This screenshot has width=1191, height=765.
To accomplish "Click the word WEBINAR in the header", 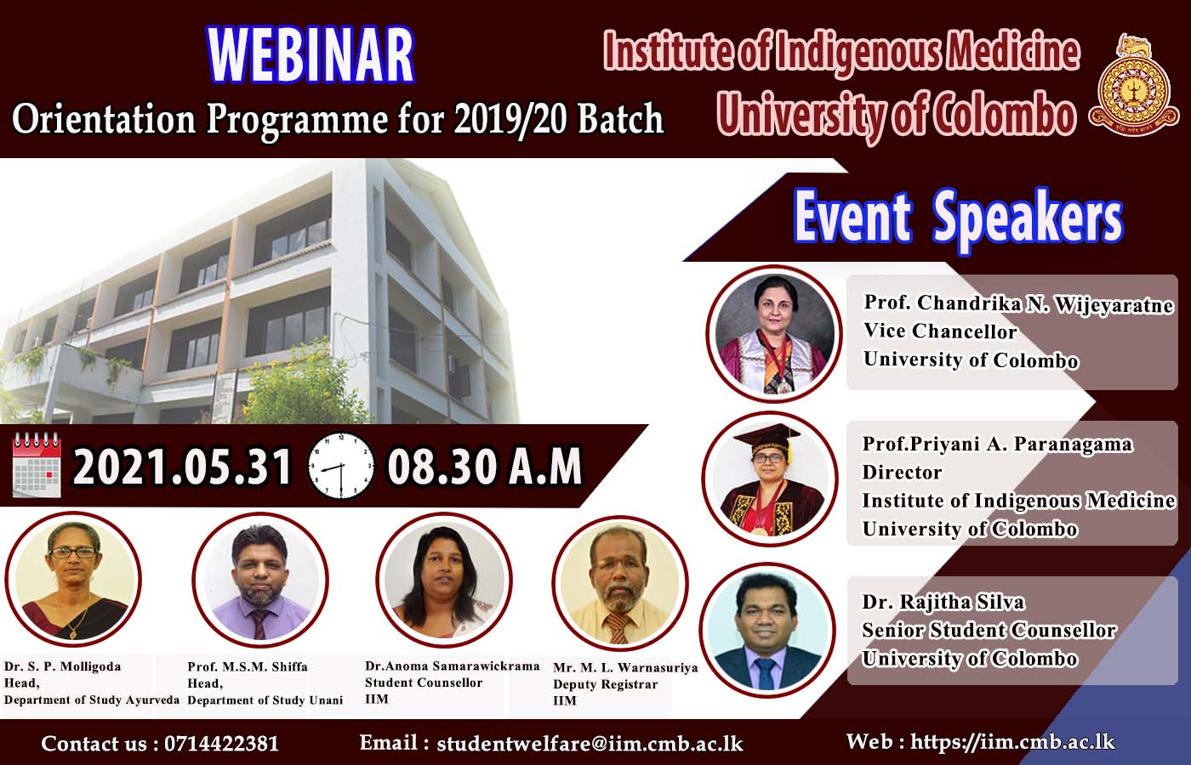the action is pyautogui.click(x=311, y=54).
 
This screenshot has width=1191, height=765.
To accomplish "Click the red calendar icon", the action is pyautogui.click(x=37, y=465).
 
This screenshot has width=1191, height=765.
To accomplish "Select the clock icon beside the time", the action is pyautogui.click(x=341, y=466).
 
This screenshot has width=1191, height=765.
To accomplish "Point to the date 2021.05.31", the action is pyautogui.click(x=182, y=467).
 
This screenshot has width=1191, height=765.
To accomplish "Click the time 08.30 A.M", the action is pyautogui.click(x=484, y=467).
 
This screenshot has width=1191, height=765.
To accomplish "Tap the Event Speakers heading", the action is pyautogui.click(x=958, y=218).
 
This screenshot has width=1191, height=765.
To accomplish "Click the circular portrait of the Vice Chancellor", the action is pyautogui.click(x=773, y=333).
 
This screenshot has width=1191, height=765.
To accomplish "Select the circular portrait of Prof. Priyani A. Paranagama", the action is pyautogui.click(x=769, y=479).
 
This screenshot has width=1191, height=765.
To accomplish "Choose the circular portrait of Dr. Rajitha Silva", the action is pyautogui.click(x=766, y=630).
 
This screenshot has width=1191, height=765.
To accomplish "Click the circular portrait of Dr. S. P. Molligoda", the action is pyautogui.click(x=73, y=579).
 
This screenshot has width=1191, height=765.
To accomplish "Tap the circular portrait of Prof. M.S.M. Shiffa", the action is pyautogui.click(x=260, y=580).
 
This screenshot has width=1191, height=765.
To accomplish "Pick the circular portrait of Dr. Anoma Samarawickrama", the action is pyautogui.click(x=444, y=580).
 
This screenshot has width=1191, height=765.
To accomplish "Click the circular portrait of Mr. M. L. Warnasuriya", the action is pyautogui.click(x=620, y=583).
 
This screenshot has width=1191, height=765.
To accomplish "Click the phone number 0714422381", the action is pyautogui.click(x=221, y=744).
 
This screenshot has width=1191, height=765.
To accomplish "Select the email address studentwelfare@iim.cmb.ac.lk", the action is pyautogui.click(x=590, y=743).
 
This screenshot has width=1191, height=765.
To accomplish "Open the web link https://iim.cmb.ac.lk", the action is pyautogui.click(x=1012, y=741).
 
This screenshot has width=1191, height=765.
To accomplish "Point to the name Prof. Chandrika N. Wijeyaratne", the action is pyautogui.click(x=1018, y=303).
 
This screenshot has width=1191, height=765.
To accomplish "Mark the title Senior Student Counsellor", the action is pyautogui.click(x=989, y=630).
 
